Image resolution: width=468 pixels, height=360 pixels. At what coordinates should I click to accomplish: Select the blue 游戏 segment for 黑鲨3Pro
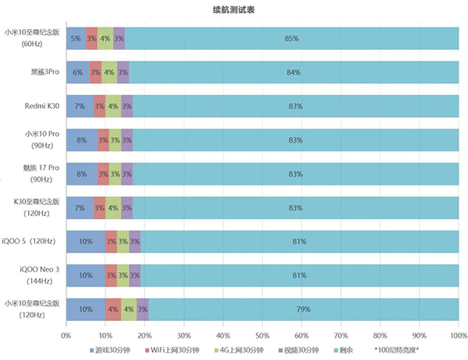[77, 72]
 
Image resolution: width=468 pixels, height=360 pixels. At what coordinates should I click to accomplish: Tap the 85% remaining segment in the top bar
[292, 38]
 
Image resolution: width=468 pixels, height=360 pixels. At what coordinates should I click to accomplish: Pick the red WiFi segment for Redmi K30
[99, 106]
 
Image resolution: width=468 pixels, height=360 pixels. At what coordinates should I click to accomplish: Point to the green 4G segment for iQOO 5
[123, 242]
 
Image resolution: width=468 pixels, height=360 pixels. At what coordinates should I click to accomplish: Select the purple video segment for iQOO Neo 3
[135, 275]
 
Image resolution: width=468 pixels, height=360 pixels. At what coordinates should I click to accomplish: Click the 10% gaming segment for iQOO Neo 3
[86, 275]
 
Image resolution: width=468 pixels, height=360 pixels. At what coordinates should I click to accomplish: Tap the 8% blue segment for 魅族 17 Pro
[82, 174]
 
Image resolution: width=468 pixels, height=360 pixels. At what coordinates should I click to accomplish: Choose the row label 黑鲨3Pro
[41, 72]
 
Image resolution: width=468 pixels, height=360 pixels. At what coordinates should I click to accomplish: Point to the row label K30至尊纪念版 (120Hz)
[32, 208]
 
